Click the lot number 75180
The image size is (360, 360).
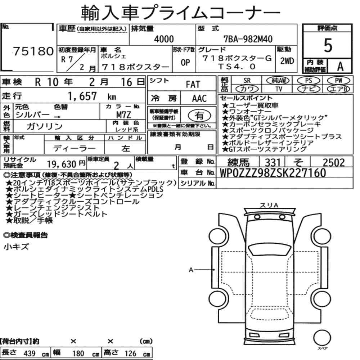pyautogui.click(x=33, y=51)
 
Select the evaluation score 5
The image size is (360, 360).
pyautogui.click(x=328, y=45)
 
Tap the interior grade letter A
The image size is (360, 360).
pyautogui.click(x=340, y=66)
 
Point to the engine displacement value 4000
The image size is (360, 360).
pyautogui.click(x=164, y=39)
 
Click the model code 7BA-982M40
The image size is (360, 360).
pyautogui.click(x=248, y=39)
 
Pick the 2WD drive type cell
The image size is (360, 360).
pyautogui.click(x=287, y=61)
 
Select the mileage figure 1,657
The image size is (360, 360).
pyautogui.click(x=82, y=96)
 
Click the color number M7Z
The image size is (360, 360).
pyautogui.click(x=123, y=114)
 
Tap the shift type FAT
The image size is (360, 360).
pyautogui.click(x=193, y=84)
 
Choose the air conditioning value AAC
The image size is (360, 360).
pyautogui.click(x=199, y=98)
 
